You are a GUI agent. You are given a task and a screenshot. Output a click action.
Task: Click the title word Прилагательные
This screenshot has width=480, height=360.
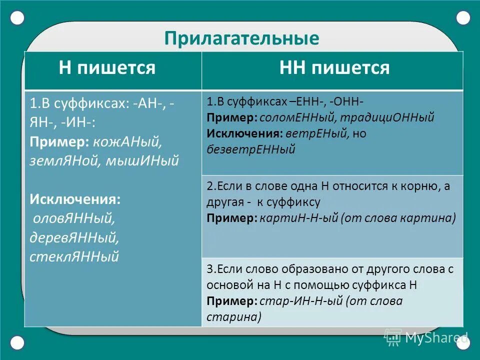241,38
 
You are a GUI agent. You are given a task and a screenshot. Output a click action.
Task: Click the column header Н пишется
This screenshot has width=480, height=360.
107,67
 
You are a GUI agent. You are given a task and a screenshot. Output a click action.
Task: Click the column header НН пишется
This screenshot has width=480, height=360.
334,67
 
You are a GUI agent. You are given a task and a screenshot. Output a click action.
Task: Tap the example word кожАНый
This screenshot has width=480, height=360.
126,142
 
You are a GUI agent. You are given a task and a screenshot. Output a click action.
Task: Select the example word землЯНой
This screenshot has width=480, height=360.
63,161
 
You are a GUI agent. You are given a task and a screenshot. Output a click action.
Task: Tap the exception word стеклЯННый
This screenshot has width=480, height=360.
74,256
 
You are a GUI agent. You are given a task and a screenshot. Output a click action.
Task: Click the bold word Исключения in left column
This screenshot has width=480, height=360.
75,199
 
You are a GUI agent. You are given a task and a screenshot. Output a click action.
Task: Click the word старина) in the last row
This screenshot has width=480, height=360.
234,317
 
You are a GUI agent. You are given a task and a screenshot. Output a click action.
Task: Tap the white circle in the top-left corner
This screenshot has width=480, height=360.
17,18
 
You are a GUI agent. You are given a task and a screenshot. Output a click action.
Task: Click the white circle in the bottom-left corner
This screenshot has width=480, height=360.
17,342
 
